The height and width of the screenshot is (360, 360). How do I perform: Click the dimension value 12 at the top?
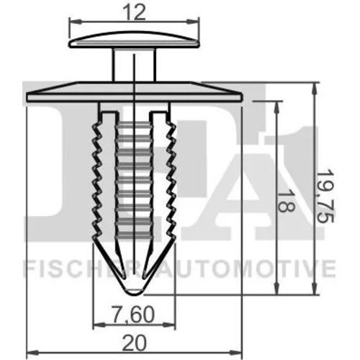pos(134,12)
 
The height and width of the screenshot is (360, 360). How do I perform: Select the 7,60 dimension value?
pos(133,315)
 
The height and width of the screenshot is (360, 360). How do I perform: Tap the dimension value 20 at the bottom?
pos(134,343)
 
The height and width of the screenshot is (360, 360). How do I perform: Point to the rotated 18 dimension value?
pos(286,201)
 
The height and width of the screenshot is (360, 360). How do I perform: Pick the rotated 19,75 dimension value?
pos(325,196)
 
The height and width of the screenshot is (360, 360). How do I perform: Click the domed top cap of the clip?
pos(134,40)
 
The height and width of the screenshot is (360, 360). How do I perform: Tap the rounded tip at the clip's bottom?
pos(134,289)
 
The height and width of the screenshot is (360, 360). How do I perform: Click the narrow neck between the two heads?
pos(134,65)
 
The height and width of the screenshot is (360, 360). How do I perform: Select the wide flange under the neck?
pos(135,91)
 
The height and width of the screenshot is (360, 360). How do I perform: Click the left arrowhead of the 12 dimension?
pos(74,22)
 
